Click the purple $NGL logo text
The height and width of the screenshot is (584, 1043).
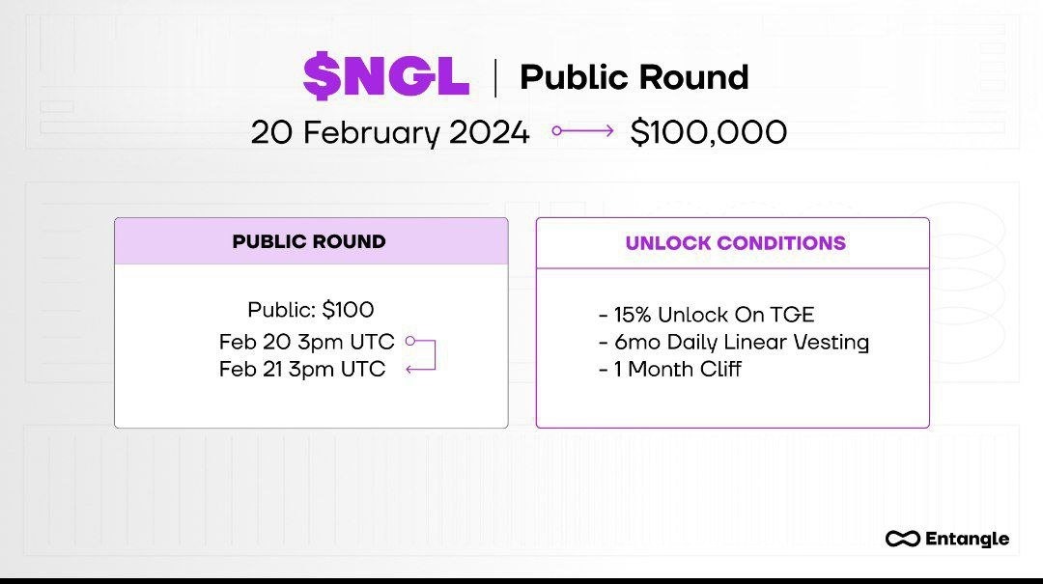(x=385, y=77)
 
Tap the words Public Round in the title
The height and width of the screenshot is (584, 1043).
(x=634, y=77)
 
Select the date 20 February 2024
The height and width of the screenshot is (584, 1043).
(x=390, y=132)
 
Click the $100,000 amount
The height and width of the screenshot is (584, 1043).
(x=708, y=132)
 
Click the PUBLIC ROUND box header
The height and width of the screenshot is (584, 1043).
(x=309, y=241)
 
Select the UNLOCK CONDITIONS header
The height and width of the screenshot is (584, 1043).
(x=735, y=243)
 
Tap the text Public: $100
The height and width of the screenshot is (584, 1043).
(x=310, y=310)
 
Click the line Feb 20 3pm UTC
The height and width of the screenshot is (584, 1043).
(x=306, y=342)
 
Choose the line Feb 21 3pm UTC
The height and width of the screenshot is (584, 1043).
(x=302, y=369)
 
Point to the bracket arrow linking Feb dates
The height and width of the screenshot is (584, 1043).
(x=425, y=355)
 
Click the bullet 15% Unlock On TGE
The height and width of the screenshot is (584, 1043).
(x=706, y=315)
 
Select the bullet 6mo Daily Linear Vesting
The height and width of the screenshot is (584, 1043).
(x=733, y=342)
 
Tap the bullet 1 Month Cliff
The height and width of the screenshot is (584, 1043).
(x=669, y=369)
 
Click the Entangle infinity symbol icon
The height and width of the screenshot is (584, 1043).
(x=902, y=539)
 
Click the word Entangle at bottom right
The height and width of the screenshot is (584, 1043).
(x=967, y=539)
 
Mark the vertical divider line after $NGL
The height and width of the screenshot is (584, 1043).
(x=495, y=77)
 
